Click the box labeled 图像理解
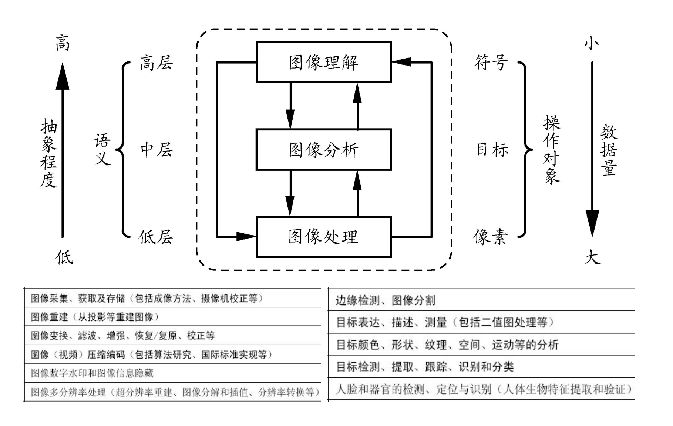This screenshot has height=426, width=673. (x=324, y=62)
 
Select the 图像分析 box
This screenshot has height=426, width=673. (x=324, y=150)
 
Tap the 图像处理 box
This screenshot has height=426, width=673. (x=324, y=237)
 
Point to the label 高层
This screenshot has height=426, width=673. (x=156, y=63)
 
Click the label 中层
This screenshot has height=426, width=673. (x=156, y=150)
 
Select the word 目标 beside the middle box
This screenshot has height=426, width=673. (x=492, y=150)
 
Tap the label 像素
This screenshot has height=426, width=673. (x=491, y=237)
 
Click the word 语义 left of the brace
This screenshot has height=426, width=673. (x=102, y=150)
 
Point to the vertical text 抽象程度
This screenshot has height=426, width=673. (x=49, y=153)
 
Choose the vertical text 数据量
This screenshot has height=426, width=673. (x=609, y=150)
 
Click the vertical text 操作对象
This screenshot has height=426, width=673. (x=552, y=150)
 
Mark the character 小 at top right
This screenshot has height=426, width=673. (x=592, y=43)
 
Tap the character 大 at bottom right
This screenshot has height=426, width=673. (x=592, y=257)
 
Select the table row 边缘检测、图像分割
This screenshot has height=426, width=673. (x=385, y=300)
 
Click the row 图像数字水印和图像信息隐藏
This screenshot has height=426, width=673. (x=92, y=373)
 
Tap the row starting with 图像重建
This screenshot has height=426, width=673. (x=95, y=317)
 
